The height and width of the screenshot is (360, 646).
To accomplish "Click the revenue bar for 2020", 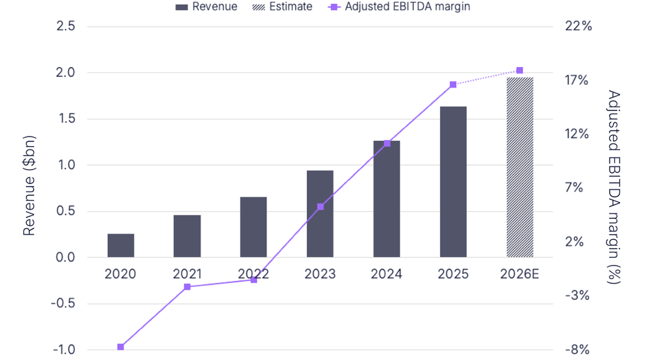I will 121,245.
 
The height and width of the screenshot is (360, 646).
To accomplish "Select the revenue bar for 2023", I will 320,214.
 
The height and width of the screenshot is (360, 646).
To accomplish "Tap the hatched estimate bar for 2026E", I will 520,167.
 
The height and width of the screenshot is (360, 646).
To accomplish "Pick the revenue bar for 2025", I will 453,182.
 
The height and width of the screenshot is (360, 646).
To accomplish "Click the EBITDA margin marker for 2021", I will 187,287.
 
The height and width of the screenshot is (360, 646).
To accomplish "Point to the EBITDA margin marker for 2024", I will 387,143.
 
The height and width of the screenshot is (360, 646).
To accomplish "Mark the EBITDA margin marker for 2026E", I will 520,70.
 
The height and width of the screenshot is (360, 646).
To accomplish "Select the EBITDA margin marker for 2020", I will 121,347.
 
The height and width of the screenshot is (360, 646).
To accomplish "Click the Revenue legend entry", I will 206,7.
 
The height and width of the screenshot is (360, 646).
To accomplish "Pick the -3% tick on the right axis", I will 576,296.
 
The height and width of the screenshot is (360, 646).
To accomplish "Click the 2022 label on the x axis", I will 253,274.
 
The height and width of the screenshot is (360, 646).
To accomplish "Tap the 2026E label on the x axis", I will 520,274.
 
